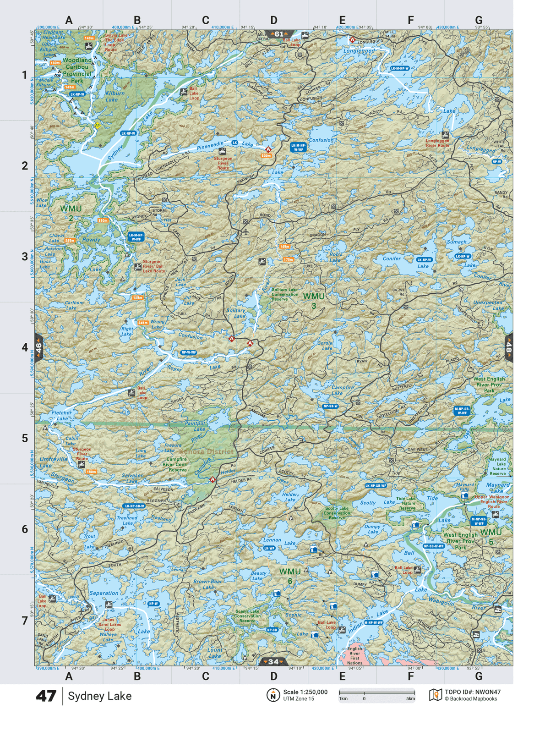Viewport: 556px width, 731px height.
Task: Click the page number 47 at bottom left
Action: (46, 696)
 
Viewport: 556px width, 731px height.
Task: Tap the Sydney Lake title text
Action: (99, 696)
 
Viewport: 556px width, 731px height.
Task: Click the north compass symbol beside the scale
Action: (273, 695)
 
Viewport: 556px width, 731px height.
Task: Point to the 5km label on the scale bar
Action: (410, 699)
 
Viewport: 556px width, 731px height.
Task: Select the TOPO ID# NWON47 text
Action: (472, 692)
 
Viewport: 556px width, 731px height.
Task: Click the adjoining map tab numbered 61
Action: (279, 34)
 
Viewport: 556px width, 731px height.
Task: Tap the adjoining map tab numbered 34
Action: (273, 661)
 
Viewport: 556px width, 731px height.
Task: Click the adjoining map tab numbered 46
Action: (39, 348)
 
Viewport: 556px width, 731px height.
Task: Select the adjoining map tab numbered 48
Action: (508, 348)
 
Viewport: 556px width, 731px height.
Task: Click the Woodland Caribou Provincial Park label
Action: (77, 70)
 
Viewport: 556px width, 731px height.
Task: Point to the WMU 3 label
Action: (314, 301)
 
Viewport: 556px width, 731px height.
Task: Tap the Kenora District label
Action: (207, 451)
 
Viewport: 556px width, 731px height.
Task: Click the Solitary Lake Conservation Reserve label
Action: (284, 294)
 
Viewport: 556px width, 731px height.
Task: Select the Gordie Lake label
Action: (325, 346)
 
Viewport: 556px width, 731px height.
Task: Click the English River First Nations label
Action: (354, 656)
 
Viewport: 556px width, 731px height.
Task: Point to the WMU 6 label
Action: (290, 576)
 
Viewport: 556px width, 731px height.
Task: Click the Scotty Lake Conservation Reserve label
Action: (337, 513)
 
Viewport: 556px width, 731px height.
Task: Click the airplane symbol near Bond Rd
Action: (246, 231)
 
